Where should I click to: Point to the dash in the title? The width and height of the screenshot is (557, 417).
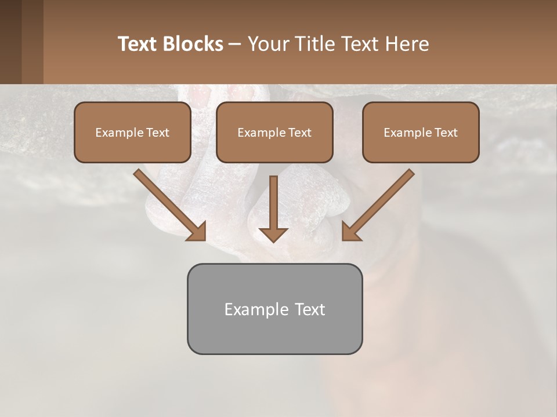[235, 44]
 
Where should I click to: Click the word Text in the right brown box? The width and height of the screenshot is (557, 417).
[446, 133]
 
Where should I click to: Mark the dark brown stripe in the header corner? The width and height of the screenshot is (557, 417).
[10, 42]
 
